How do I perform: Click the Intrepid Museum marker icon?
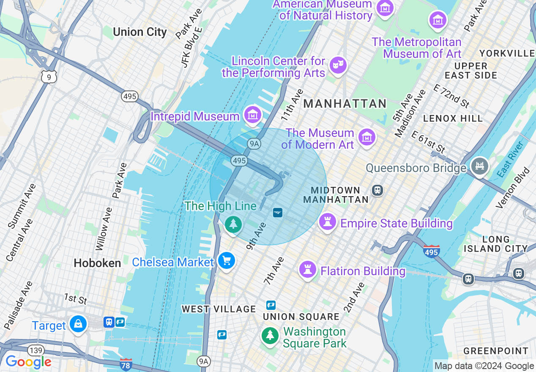(253, 115)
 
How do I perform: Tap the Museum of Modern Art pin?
(366, 137)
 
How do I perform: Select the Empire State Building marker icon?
(327, 222)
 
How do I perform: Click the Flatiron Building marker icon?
(307, 269)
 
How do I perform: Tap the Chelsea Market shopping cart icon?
(227, 260)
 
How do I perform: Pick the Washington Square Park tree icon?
(270, 336)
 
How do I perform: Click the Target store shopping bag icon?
(78, 324)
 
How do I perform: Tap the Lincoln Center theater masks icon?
(338, 65)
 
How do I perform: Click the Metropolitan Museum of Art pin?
(438, 19)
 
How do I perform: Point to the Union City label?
(140, 32)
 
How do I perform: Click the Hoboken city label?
(97, 263)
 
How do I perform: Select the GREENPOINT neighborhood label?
(496, 351)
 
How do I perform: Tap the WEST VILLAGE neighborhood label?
(219, 309)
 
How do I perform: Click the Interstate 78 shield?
(126, 364)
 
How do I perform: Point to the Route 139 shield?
(36, 350)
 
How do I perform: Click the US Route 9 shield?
(49, 77)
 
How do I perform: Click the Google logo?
(28, 362)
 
